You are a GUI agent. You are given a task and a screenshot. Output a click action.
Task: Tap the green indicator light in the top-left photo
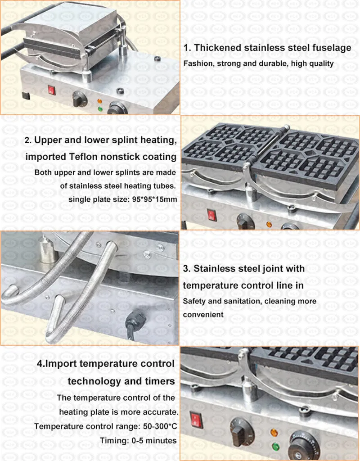[99, 108]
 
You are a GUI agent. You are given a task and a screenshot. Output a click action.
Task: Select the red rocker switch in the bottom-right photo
[196, 419]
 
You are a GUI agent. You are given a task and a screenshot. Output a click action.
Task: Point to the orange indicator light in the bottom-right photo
[273, 433]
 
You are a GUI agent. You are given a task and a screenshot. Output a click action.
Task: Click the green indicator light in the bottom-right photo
[275, 447]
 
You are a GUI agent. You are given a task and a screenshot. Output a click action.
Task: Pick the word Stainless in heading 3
[215, 269]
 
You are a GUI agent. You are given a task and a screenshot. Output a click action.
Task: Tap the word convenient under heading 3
[203, 315]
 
